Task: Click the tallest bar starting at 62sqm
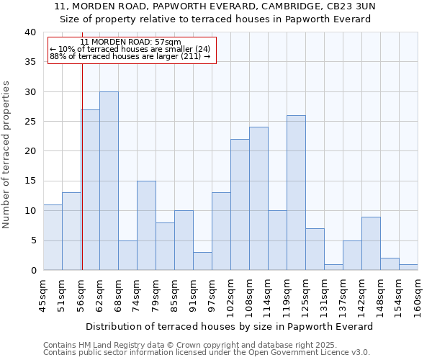point(109,181)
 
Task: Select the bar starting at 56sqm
point(91,190)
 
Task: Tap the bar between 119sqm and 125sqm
point(296,193)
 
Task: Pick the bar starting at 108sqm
point(258,199)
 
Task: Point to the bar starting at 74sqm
point(146,225)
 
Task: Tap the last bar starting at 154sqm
point(408,267)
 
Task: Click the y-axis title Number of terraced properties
point(6,155)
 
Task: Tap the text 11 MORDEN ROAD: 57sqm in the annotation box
point(130,42)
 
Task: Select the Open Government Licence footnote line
point(206,352)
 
